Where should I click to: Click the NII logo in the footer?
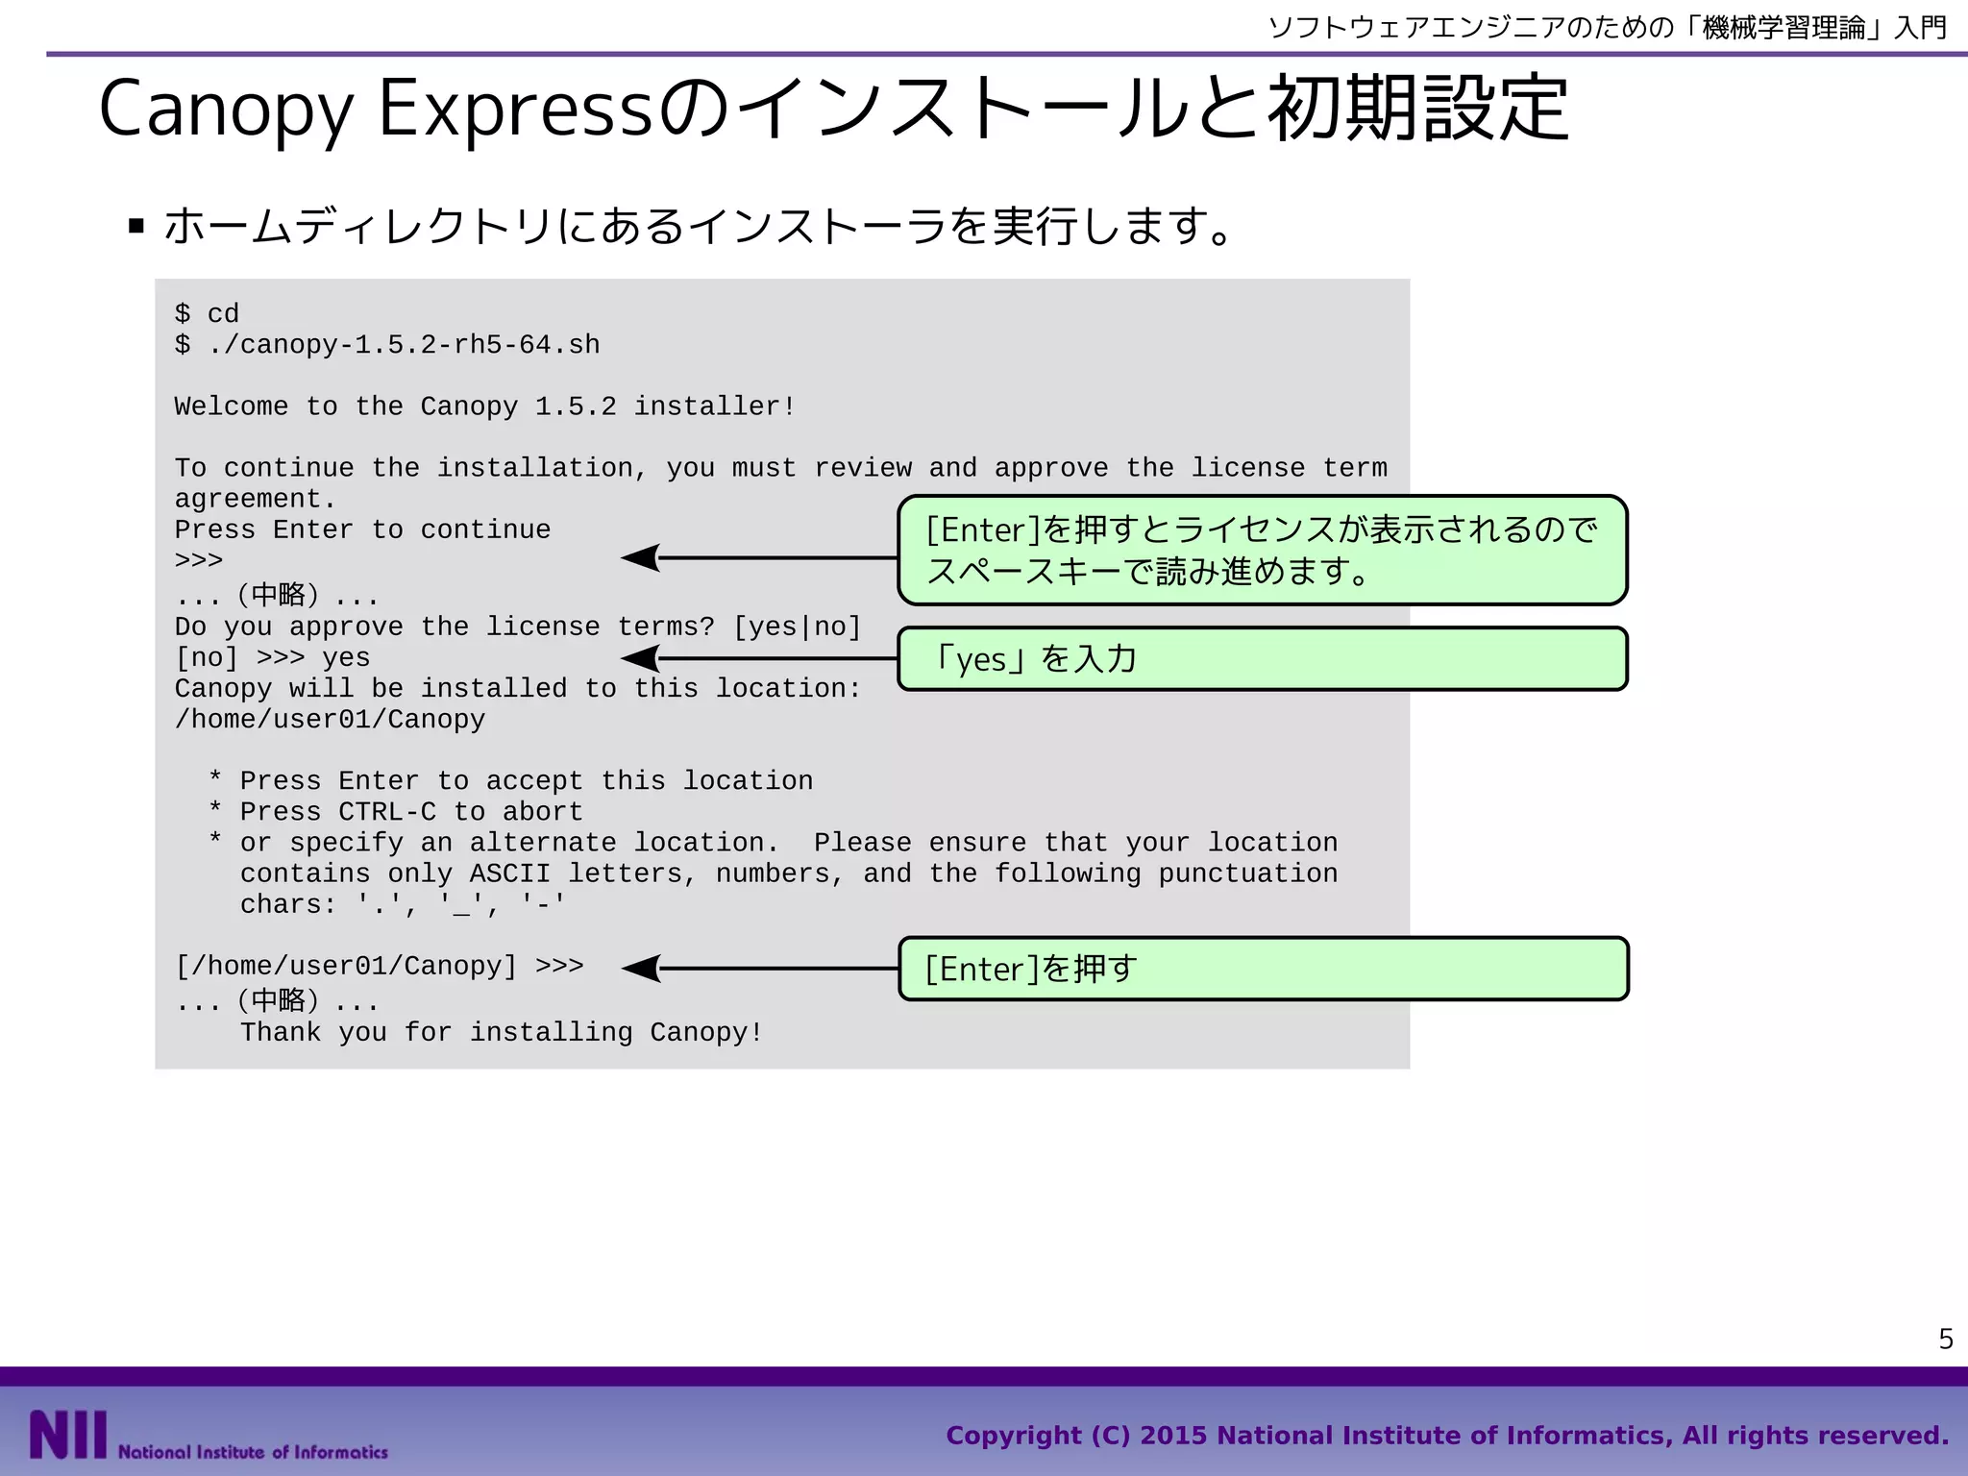click(x=68, y=1435)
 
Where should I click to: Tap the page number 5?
click(x=1946, y=1339)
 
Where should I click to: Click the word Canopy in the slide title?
click(x=227, y=111)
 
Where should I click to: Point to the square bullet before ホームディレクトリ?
click(x=136, y=227)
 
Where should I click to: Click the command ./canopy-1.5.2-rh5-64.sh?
click(x=404, y=345)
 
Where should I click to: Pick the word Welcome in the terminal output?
click(x=232, y=406)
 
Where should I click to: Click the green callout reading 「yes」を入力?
click(x=1262, y=659)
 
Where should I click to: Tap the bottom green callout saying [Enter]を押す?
click(x=1263, y=969)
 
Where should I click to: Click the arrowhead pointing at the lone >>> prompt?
click(x=641, y=557)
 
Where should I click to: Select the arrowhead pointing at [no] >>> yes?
click(x=641, y=658)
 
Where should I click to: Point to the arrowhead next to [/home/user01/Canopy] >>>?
click(x=641, y=969)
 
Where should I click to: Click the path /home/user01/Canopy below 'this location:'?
click(x=330, y=720)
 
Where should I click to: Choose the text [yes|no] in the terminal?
click(x=797, y=627)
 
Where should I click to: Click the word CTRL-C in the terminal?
click(x=387, y=812)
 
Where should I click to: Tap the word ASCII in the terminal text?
click(x=510, y=873)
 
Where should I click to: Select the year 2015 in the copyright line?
click(x=1173, y=1436)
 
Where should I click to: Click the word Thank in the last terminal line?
click(x=281, y=1033)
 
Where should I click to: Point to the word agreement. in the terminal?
click(x=255, y=500)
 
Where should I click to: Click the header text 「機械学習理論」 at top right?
click(x=1783, y=27)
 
